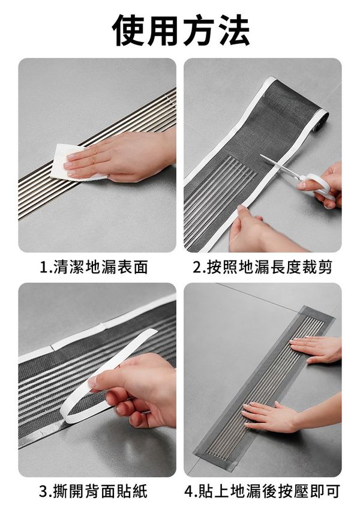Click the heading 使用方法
pyautogui.click(x=181, y=30)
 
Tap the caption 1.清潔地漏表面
pyautogui.click(x=94, y=268)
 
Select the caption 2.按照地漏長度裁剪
pyautogui.click(x=263, y=268)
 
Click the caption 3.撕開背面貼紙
pyautogui.click(x=94, y=491)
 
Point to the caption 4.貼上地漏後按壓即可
pyautogui.click(x=262, y=491)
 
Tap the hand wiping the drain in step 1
pyautogui.click(x=121, y=155)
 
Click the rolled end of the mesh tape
pyautogui.click(x=321, y=120)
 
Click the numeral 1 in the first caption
pyautogui.click(x=43, y=268)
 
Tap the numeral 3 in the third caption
pyautogui.click(x=43, y=491)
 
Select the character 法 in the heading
pyautogui.click(x=233, y=30)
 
